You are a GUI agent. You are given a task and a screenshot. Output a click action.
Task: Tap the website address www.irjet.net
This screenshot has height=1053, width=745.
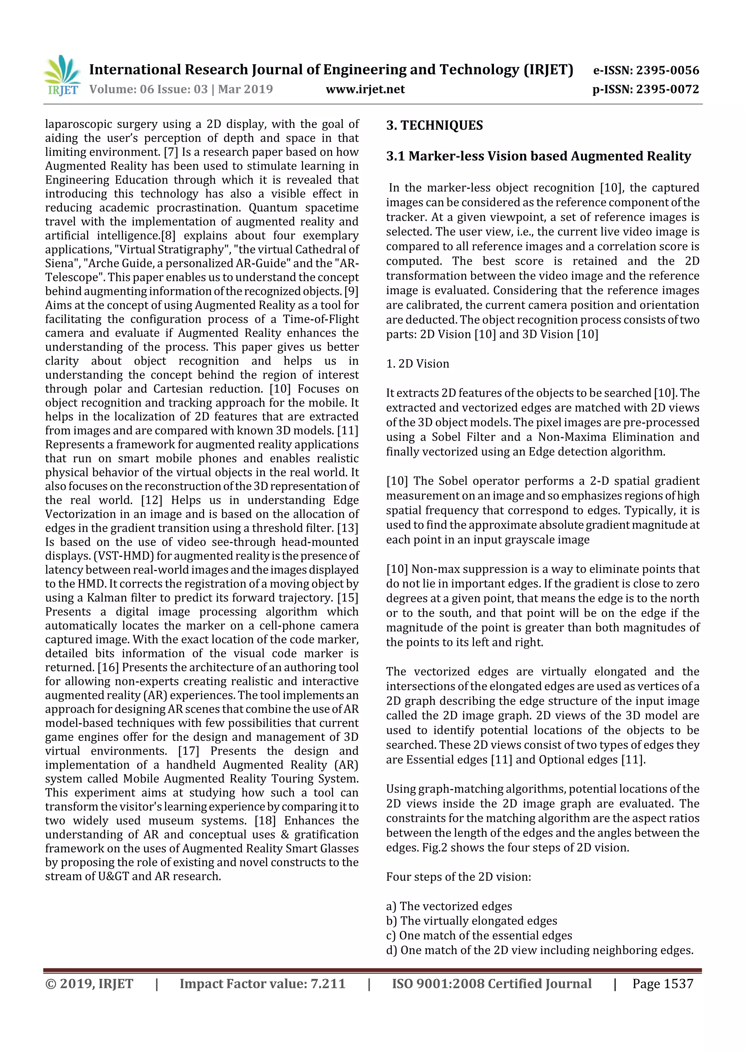[x=365, y=89]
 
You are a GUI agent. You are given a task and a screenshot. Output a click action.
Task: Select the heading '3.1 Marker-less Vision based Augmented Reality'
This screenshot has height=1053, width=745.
[x=538, y=156]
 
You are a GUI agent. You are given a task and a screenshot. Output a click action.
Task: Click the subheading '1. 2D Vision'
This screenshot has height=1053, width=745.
[x=417, y=364]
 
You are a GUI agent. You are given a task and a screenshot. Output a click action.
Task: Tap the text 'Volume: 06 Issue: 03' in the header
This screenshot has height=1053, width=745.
[x=148, y=89]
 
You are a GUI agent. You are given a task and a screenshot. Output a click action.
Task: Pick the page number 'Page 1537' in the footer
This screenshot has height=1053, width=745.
[x=662, y=983]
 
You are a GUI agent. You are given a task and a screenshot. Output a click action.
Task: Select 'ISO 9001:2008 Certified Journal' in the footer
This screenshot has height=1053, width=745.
[x=491, y=983]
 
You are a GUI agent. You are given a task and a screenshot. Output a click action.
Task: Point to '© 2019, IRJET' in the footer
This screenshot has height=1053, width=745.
[x=89, y=983]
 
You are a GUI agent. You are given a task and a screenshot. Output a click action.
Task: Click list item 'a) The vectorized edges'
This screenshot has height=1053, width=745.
[x=449, y=906]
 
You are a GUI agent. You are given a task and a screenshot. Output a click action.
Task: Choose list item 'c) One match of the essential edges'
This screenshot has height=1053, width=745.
[x=479, y=935]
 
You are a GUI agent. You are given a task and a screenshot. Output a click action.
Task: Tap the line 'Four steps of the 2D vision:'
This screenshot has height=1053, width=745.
[x=458, y=876]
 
